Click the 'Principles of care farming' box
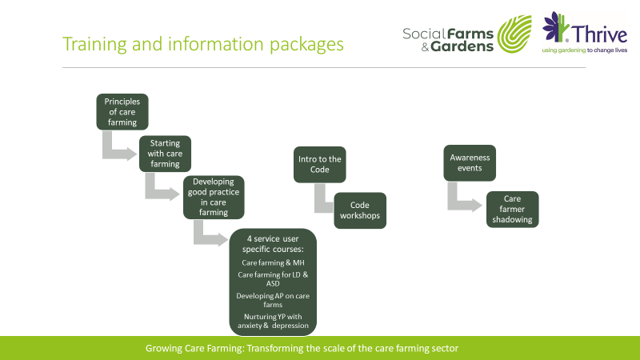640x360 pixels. (122, 111)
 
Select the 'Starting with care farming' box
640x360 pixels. (165, 154)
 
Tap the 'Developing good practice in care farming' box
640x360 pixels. (208, 197)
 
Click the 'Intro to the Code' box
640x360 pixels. (320, 164)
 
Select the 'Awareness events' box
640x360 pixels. (469, 163)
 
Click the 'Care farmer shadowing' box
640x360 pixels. (512, 210)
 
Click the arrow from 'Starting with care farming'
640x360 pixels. (160, 190)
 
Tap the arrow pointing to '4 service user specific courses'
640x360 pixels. (210, 235)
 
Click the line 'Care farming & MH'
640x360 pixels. (274, 262)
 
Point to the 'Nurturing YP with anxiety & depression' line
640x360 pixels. (274, 321)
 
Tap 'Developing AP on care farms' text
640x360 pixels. (274, 300)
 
